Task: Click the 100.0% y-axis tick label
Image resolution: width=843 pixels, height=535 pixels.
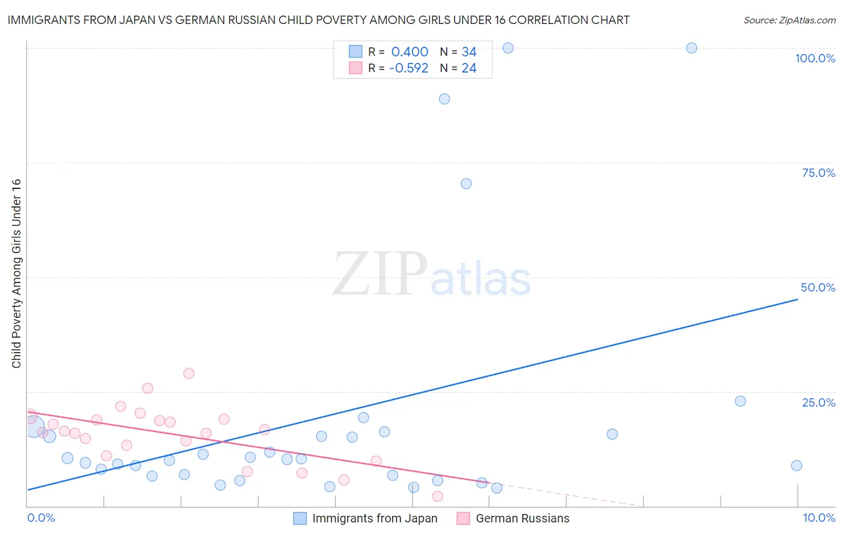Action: (x=815, y=58)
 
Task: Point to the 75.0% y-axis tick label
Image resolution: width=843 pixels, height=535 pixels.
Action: (x=818, y=173)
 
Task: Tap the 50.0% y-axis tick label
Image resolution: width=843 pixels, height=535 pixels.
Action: (x=818, y=287)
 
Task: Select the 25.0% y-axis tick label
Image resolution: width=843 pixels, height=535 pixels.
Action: (x=818, y=402)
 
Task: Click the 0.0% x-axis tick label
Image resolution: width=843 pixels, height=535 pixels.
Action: (x=41, y=518)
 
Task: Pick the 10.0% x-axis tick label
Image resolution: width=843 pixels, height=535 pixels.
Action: (x=818, y=518)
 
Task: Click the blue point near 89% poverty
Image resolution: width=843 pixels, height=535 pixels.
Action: (x=444, y=99)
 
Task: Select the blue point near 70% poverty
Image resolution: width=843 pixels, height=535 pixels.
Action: (x=466, y=184)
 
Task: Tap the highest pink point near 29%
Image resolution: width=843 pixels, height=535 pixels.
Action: (x=189, y=373)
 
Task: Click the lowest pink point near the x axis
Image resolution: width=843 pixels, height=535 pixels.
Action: (x=438, y=496)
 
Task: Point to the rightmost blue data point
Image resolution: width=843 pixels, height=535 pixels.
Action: (x=796, y=465)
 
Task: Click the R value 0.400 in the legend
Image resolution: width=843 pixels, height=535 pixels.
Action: (x=410, y=52)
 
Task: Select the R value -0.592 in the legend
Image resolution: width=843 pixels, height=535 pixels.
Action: (x=408, y=68)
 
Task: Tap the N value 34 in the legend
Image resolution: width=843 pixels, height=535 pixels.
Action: (x=469, y=52)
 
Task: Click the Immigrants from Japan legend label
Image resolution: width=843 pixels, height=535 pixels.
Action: (x=375, y=518)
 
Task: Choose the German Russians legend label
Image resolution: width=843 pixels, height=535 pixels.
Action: (x=522, y=518)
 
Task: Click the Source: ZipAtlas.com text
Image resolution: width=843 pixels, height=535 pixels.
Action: (x=789, y=20)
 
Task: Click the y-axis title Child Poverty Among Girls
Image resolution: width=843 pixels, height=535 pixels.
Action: (x=16, y=273)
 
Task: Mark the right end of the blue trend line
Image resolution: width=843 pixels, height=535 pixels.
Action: (x=797, y=299)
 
